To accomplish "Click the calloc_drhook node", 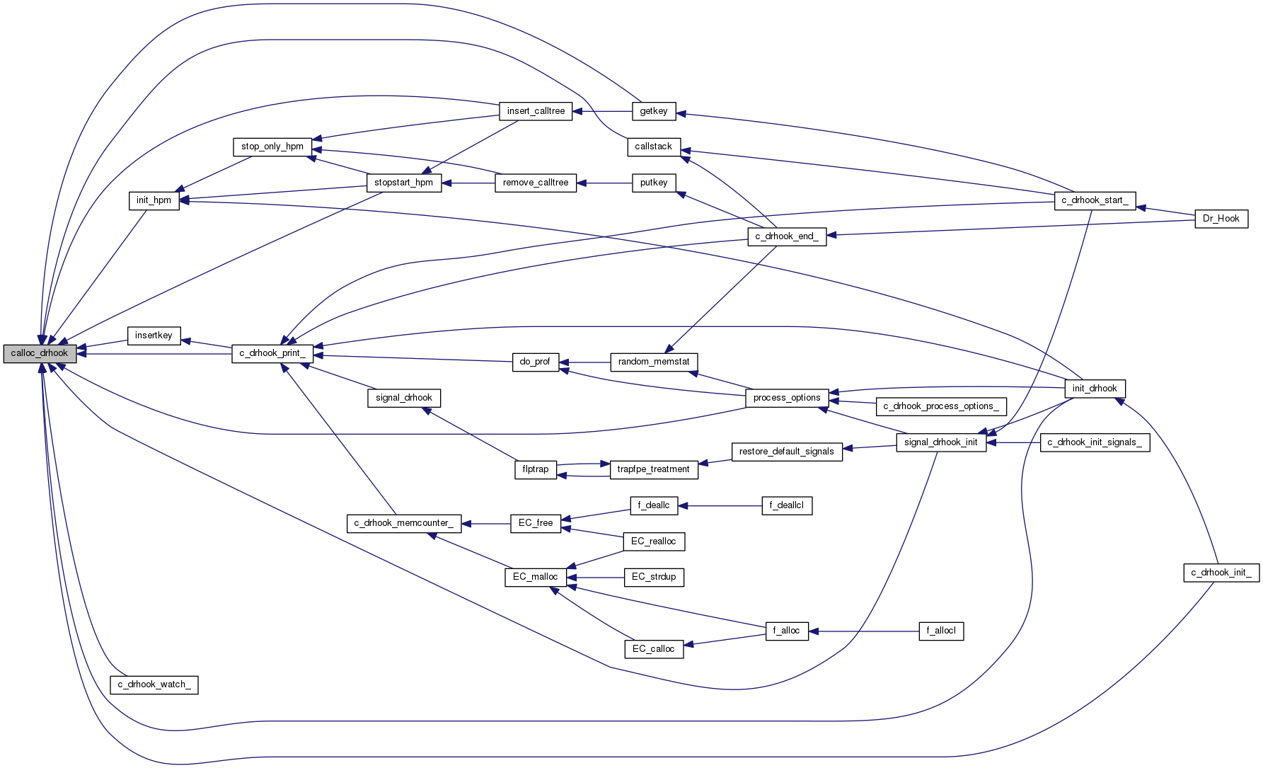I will pyautogui.click(x=40, y=353).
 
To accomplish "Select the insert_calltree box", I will pyautogui.click(x=536, y=111).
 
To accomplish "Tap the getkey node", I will pyautogui.click(x=653, y=111).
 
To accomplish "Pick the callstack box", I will pyautogui.click(x=653, y=147).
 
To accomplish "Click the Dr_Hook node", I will pyautogui.click(x=1221, y=219).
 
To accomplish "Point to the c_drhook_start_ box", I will pyautogui.click(x=1095, y=200).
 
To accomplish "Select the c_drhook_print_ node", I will pyautogui.click(x=272, y=353).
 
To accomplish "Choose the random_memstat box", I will pyautogui.click(x=653, y=362).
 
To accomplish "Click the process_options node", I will pyautogui.click(x=786, y=398).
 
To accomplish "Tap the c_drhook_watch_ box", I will pyautogui.click(x=154, y=684).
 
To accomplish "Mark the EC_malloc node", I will pyautogui.click(x=535, y=577).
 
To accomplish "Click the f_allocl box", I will pyautogui.click(x=940, y=631).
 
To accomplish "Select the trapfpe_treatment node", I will pyautogui.click(x=653, y=469).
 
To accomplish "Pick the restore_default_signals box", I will pyautogui.click(x=786, y=452).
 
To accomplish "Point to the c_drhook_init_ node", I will pyautogui.click(x=1221, y=573).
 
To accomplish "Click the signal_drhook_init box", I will pyautogui.click(x=940, y=442).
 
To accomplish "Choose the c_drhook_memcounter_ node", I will pyautogui.click(x=403, y=523).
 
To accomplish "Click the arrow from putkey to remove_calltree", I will pyautogui.click(x=604, y=183).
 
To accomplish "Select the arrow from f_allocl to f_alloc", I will pyautogui.click(x=863, y=631).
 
